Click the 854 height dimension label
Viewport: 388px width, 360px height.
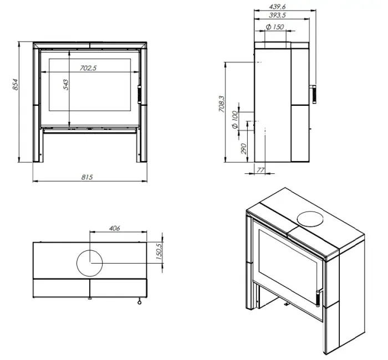pyautogui.click(x=16, y=85)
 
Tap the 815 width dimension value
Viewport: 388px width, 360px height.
pyautogui.click(x=87, y=177)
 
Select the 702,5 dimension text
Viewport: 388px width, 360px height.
pyautogui.click(x=88, y=68)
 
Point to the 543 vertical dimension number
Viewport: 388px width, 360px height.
pyautogui.click(x=66, y=85)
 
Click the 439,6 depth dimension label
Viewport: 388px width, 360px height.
pyautogui.click(x=277, y=7)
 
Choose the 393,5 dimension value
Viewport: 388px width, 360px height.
pyautogui.click(x=277, y=16)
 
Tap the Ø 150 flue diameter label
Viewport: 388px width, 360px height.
pyautogui.click(x=275, y=27)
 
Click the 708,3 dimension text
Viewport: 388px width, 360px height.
pyautogui.click(x=222, y=104)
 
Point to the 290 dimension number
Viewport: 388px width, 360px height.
pyautogui.click(x=244, y=148)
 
